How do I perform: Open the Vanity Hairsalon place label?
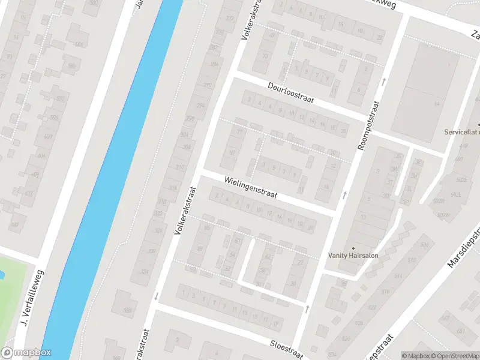[x=353, y=255]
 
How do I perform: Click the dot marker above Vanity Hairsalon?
[x=353, y=247]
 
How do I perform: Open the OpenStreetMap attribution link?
[x=453, y=356]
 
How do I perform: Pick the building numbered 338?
[x=127, y=310]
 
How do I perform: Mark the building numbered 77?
[x=241, y=131]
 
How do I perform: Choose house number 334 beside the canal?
[x=144, y=272]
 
